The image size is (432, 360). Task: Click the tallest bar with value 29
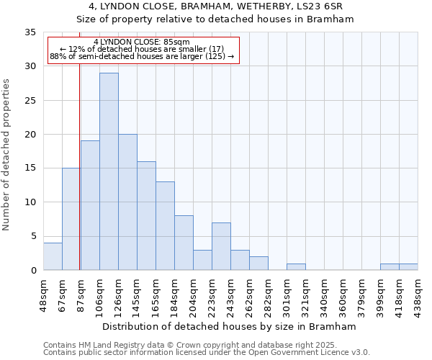[109, 171]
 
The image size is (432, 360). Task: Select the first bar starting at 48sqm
[53, 256]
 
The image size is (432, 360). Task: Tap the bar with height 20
[127, 202]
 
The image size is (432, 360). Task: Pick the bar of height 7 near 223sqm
[221, 246]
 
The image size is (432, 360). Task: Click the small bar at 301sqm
[296, 266]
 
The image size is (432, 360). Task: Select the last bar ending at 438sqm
[408, 266]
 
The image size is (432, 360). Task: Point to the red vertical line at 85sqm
[79, 180]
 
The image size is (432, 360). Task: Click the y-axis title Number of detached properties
[7, 155]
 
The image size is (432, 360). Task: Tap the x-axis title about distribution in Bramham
[231, 326]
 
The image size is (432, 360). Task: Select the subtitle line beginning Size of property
[215, 19]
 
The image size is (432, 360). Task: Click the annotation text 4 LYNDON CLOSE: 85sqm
[141, 42]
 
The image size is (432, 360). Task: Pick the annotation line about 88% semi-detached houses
[142, 56]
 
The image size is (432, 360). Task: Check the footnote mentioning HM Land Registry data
[205, 345]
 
